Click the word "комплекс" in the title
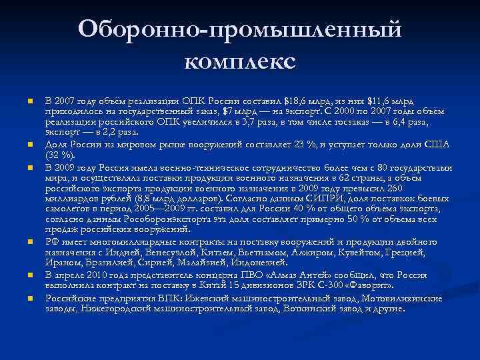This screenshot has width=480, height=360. pyautogui.click(x=239, y=61)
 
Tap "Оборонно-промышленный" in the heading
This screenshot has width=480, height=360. pyautogui.click(x=239, y=29)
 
